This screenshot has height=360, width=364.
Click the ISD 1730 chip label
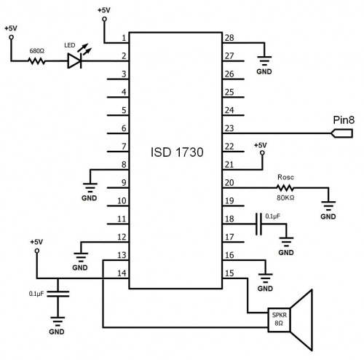177,152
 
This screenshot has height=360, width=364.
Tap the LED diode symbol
74,60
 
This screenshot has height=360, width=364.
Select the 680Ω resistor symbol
37,60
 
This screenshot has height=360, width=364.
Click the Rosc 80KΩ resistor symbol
285,188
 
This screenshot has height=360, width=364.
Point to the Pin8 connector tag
342,133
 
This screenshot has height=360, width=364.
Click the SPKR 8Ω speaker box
279,320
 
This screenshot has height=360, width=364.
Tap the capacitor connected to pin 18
259,224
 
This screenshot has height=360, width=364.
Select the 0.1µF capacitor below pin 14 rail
58,294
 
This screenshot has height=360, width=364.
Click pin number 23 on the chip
229,128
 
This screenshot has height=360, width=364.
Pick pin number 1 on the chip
124,38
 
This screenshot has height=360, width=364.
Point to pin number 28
229,38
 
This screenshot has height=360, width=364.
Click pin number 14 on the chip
122,273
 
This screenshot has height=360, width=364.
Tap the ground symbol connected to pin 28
264,61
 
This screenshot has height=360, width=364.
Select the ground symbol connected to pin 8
90,187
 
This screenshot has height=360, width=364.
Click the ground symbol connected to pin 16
266,278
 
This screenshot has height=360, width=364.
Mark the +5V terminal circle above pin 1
105,19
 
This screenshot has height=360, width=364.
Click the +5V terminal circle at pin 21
262,153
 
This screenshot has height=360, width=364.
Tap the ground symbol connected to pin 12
81,257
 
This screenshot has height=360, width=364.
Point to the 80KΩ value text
285,197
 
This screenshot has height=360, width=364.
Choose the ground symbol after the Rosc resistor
328,206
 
